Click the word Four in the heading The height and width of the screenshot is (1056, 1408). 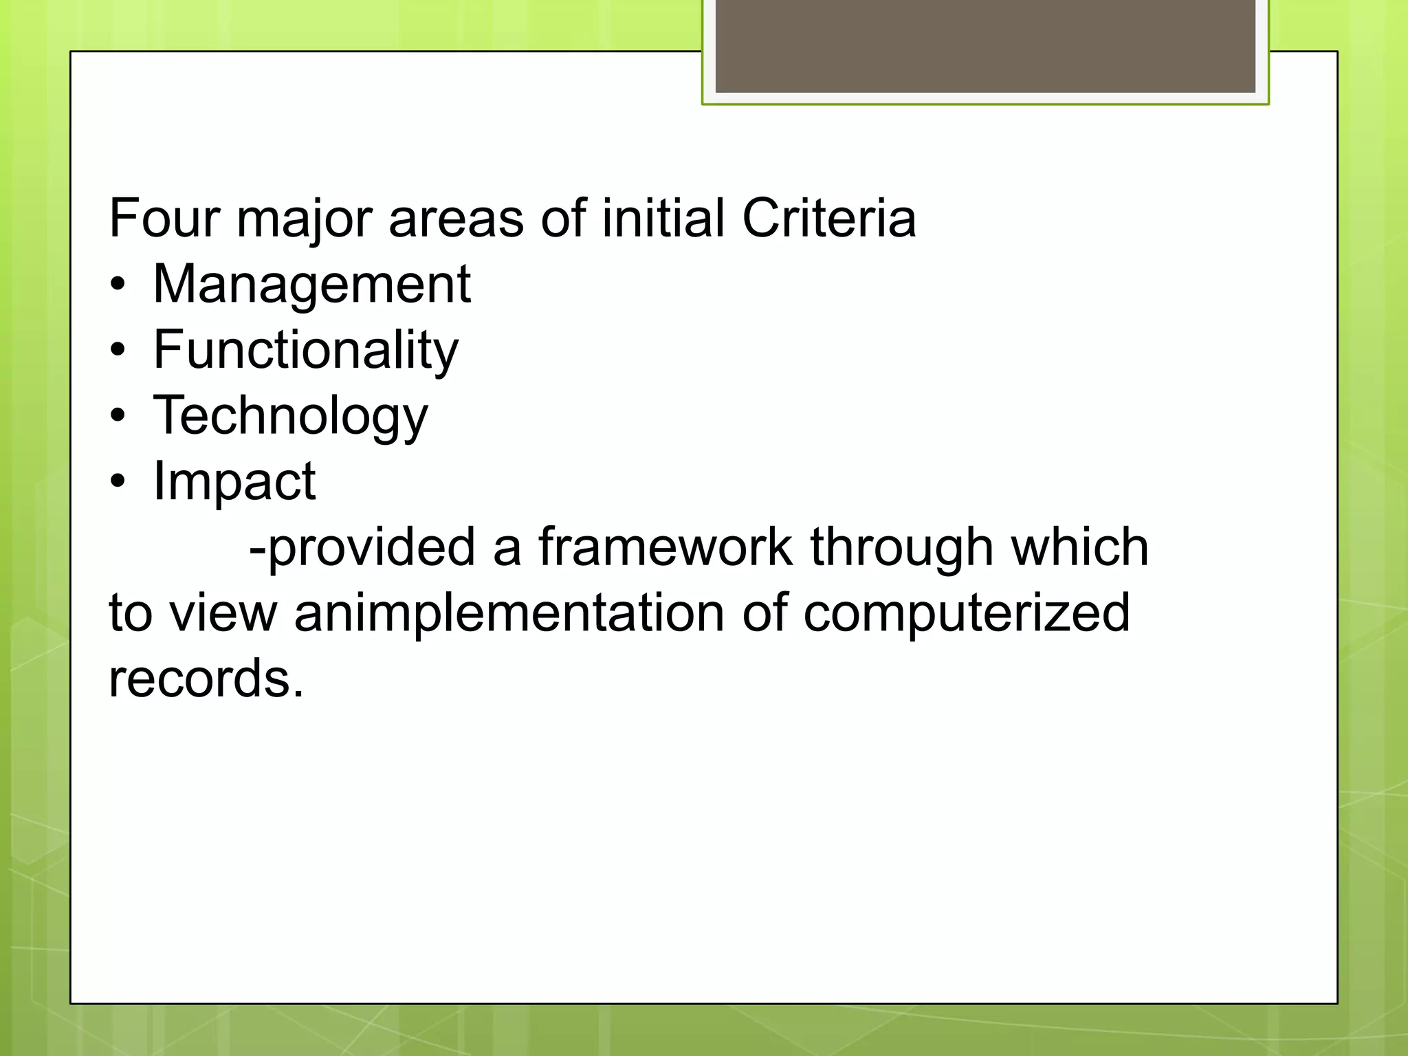point(164,219)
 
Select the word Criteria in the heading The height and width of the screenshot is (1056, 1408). point(828,219)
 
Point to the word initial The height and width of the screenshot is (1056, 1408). point(663,219)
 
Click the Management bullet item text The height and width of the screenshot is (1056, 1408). point(311,285)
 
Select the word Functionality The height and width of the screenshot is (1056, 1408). point(305,351)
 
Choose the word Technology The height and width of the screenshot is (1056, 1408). point(290,417)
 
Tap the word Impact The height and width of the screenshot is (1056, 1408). point(234,481)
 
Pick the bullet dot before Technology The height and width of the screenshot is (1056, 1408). point(118,417)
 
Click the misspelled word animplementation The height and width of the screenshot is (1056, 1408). point(509,613)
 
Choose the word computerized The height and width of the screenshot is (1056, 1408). point(966,613)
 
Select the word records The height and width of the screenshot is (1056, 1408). point(206,679)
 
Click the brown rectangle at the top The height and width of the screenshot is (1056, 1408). point(985,45)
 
